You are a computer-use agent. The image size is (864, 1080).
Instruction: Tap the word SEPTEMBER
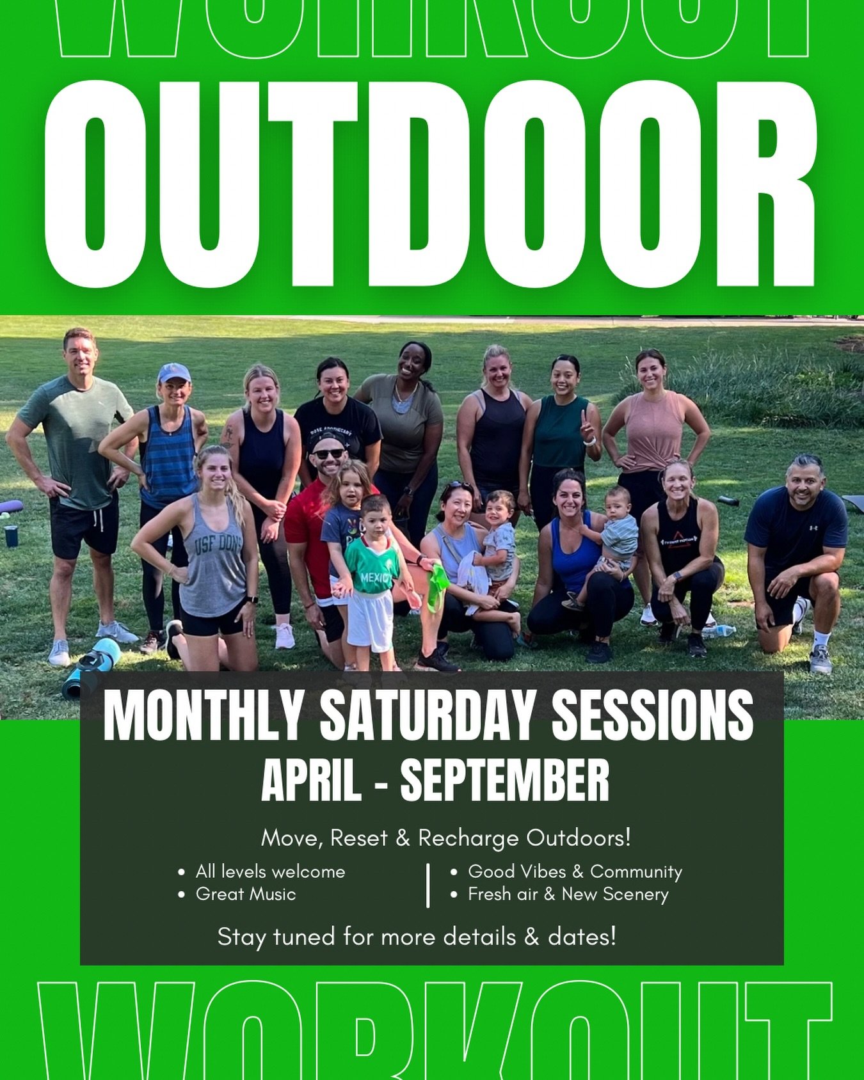[504, 781]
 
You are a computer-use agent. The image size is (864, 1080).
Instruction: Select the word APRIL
[311, 781]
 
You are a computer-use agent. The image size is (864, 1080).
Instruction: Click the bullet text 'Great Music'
[246, 894]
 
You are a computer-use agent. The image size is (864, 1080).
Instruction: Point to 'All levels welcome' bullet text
[270, 872]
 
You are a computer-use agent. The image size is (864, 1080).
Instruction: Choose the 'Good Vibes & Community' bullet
[575, 872]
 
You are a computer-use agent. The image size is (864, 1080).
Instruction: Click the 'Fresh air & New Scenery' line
[568, 894]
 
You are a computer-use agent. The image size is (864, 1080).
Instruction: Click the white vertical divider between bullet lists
[428, 885]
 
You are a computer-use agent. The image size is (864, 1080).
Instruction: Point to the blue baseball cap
[173, 373]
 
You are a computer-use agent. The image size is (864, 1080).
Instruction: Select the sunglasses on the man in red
[328, 454]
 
